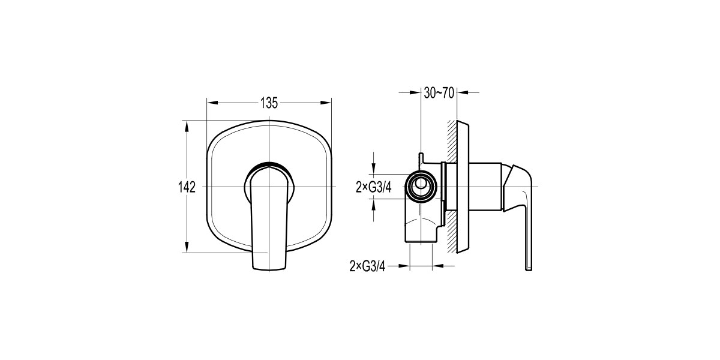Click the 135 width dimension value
click(x=269, y=103)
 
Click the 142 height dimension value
click(x=187, y=187)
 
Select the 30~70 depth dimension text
click(x=438, y=92)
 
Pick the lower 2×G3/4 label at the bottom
click(x=367, y=266)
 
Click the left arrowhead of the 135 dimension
click(x=211, y=103)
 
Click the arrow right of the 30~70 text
click(x=463, y=92)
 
